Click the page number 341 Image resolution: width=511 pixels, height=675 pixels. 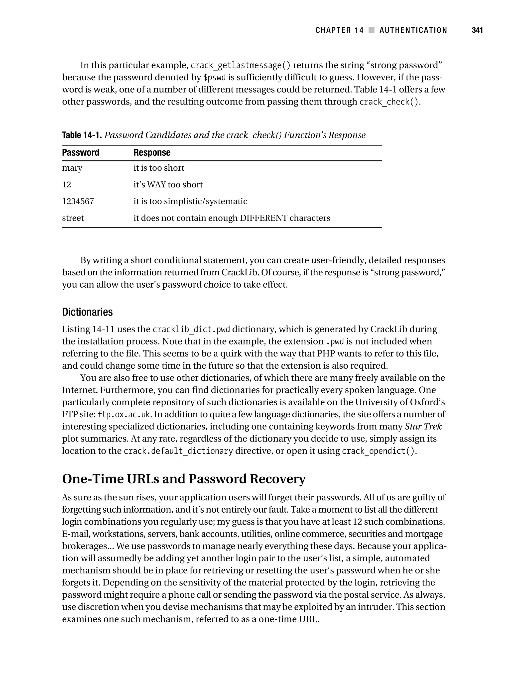(x=477, y=30)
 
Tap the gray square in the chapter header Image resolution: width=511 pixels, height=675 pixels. (x=372, y=30)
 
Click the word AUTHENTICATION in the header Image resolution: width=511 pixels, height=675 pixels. (x=413, y=30)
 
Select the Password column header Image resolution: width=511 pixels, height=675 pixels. (x=81, y=153)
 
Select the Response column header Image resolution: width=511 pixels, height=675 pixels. (x=152, y=153)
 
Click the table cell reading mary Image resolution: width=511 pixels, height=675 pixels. (x=72, y=168)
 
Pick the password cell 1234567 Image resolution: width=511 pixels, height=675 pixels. (x=78, y=201)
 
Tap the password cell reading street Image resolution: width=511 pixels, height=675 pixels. (x=73, y=218)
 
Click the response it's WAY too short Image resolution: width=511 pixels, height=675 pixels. (x=168, y=185)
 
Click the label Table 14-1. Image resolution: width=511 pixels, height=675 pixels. (x=82, y=135)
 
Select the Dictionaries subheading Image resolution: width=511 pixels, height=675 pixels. (x=87, y=312)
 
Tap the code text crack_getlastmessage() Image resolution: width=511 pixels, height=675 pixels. (x=240, y=66)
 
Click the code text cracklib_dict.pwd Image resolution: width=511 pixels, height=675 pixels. (x=191, y=330)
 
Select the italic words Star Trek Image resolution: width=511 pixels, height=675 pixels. (x=423, y=427)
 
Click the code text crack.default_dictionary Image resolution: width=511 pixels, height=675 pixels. (x=178, y=451)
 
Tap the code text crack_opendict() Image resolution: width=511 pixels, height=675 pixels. (x=378, y=451)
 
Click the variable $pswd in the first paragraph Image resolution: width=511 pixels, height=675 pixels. (x=214, y=78)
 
